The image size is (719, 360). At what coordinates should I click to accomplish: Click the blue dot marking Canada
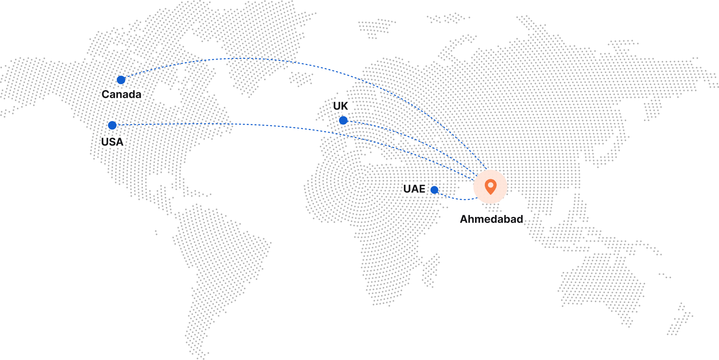[121, 80]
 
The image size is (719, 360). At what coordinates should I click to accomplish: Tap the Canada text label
[121, 94]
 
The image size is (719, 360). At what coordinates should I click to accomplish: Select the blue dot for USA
[112, 125]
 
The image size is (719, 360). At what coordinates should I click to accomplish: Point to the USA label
[112, 142]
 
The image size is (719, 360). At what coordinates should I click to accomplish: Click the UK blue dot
[343, 120]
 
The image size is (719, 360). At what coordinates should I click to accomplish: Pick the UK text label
[341, 106]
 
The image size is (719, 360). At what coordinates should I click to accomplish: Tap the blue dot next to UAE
[434, 190]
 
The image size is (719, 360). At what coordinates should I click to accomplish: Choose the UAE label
[415, 189]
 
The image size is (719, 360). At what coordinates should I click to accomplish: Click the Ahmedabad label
[492, 219]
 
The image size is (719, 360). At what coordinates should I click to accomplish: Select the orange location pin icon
[490, 186]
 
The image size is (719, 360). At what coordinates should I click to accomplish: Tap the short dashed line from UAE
[456, 198]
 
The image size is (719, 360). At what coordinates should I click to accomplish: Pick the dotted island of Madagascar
[430, 270]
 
